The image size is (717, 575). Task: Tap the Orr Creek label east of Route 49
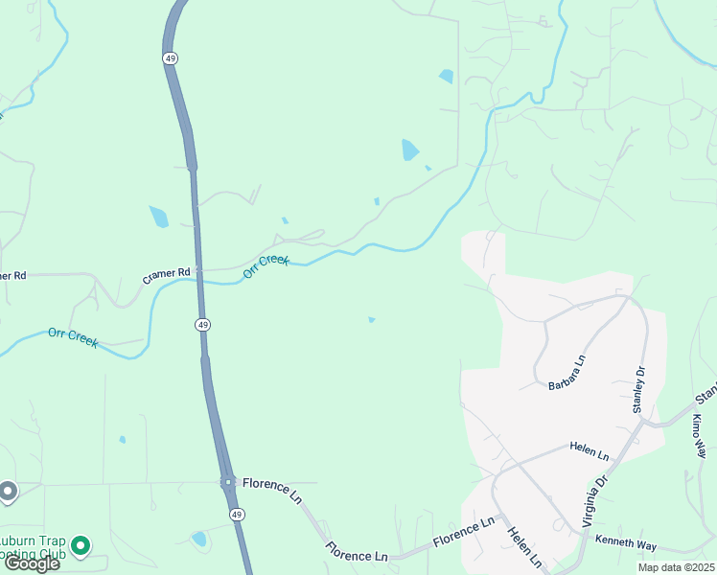tap(266, 265)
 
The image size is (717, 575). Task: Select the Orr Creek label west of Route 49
tap(73, 337)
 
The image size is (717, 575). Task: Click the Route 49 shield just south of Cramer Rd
tap(202, 325)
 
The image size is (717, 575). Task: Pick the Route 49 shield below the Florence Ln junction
tap(237, 515)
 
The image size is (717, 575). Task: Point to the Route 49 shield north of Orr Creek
tap(170, 58)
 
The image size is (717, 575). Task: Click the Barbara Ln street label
tap(567, 373)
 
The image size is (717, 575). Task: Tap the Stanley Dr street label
tap(637, 389)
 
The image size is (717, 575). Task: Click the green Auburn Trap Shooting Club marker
tap(81, 547)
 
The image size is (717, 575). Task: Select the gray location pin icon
tap(8, 492)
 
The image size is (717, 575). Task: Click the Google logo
tap(32, 563)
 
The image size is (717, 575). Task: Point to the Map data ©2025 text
tap(675, 567)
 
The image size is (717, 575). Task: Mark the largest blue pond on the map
tap(410, 149)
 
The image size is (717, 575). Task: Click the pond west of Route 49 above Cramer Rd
tap(158, 217)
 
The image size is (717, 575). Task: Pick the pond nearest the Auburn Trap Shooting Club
tap(198, 539)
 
